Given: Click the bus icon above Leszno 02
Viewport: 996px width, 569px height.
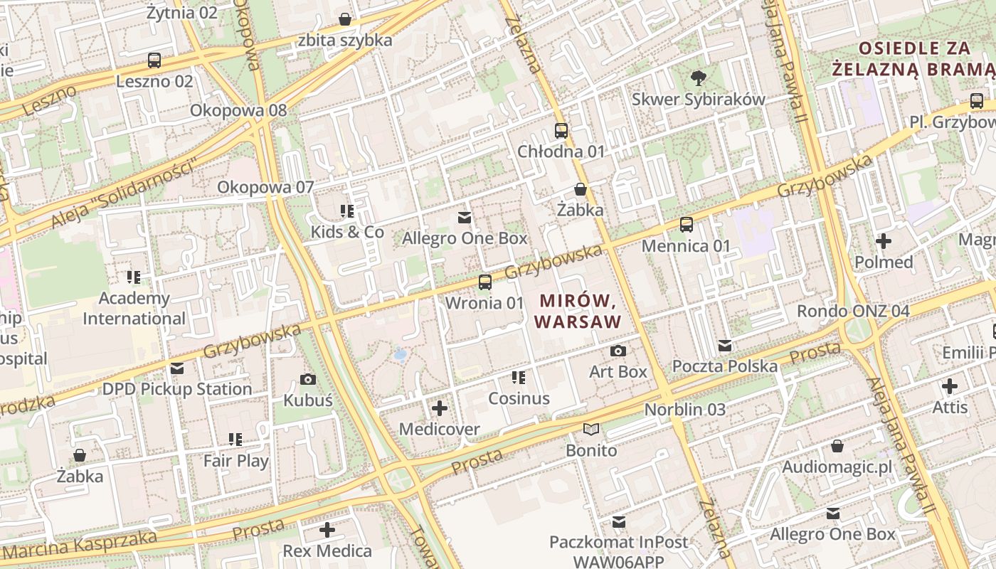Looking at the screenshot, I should point(154,60).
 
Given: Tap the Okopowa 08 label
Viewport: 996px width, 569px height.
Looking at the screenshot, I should point(238,110).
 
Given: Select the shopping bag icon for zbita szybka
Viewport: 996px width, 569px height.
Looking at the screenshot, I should point(345,19).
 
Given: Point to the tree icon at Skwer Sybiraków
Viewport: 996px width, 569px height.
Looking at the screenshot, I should point(699,78).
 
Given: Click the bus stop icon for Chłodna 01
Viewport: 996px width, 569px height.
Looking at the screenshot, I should point(561,131).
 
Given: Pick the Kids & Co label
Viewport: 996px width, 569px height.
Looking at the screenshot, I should point(347,232).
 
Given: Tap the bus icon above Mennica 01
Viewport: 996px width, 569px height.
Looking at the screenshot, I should point(687,225).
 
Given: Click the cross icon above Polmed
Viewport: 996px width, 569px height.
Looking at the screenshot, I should point(884,241).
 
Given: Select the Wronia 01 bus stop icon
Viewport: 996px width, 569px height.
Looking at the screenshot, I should point(484,282).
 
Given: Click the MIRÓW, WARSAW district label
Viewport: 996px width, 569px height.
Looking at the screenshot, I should point(578,312).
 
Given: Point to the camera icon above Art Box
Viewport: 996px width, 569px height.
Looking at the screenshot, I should point(618,351).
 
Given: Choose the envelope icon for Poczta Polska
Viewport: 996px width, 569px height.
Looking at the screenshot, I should point(725,346).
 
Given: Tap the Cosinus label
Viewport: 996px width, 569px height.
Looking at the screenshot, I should point(519,398).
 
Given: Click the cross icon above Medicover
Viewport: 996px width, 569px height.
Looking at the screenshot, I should point(440,408).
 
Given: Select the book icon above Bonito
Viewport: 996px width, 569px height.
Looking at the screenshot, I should point(591,429).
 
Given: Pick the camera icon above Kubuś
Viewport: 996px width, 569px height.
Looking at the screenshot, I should point(308,379).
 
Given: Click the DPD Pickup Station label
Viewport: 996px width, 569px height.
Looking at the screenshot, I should point(177,389).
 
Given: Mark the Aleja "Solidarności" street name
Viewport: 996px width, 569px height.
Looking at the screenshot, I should point(124,195).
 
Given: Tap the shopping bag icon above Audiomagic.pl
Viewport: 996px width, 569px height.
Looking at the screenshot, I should point(837,446).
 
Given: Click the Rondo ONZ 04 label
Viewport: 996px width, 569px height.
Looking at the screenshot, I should point(853,311).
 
